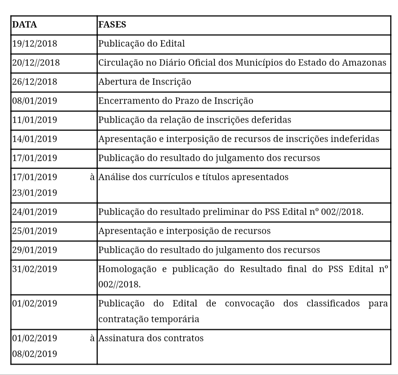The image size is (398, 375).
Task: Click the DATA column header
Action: (x=25, y=25)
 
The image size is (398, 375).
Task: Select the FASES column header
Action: (x=112, y=25)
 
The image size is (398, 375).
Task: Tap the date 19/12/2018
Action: (x=34, y=44)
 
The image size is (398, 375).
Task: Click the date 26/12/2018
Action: (x=34, y=82)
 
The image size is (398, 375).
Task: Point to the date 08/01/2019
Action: (x=34, y=101)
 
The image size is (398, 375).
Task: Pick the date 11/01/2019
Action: (x=34, y=120)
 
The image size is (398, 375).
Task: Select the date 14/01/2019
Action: (x=34, y=139)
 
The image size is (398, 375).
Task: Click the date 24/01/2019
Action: (x=34, y=212)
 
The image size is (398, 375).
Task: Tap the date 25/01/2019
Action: (x=34, y=231)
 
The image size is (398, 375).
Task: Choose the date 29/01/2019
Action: (x=34, y=250)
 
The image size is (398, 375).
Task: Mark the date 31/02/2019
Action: (x=34, y=269)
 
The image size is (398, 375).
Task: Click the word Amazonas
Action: (x=364, y=63)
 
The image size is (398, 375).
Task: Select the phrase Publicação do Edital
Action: (x=142, y=44)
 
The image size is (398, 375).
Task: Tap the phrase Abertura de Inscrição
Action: (x=145, y=82)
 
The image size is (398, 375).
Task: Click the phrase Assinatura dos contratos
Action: (x=151, y=339)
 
